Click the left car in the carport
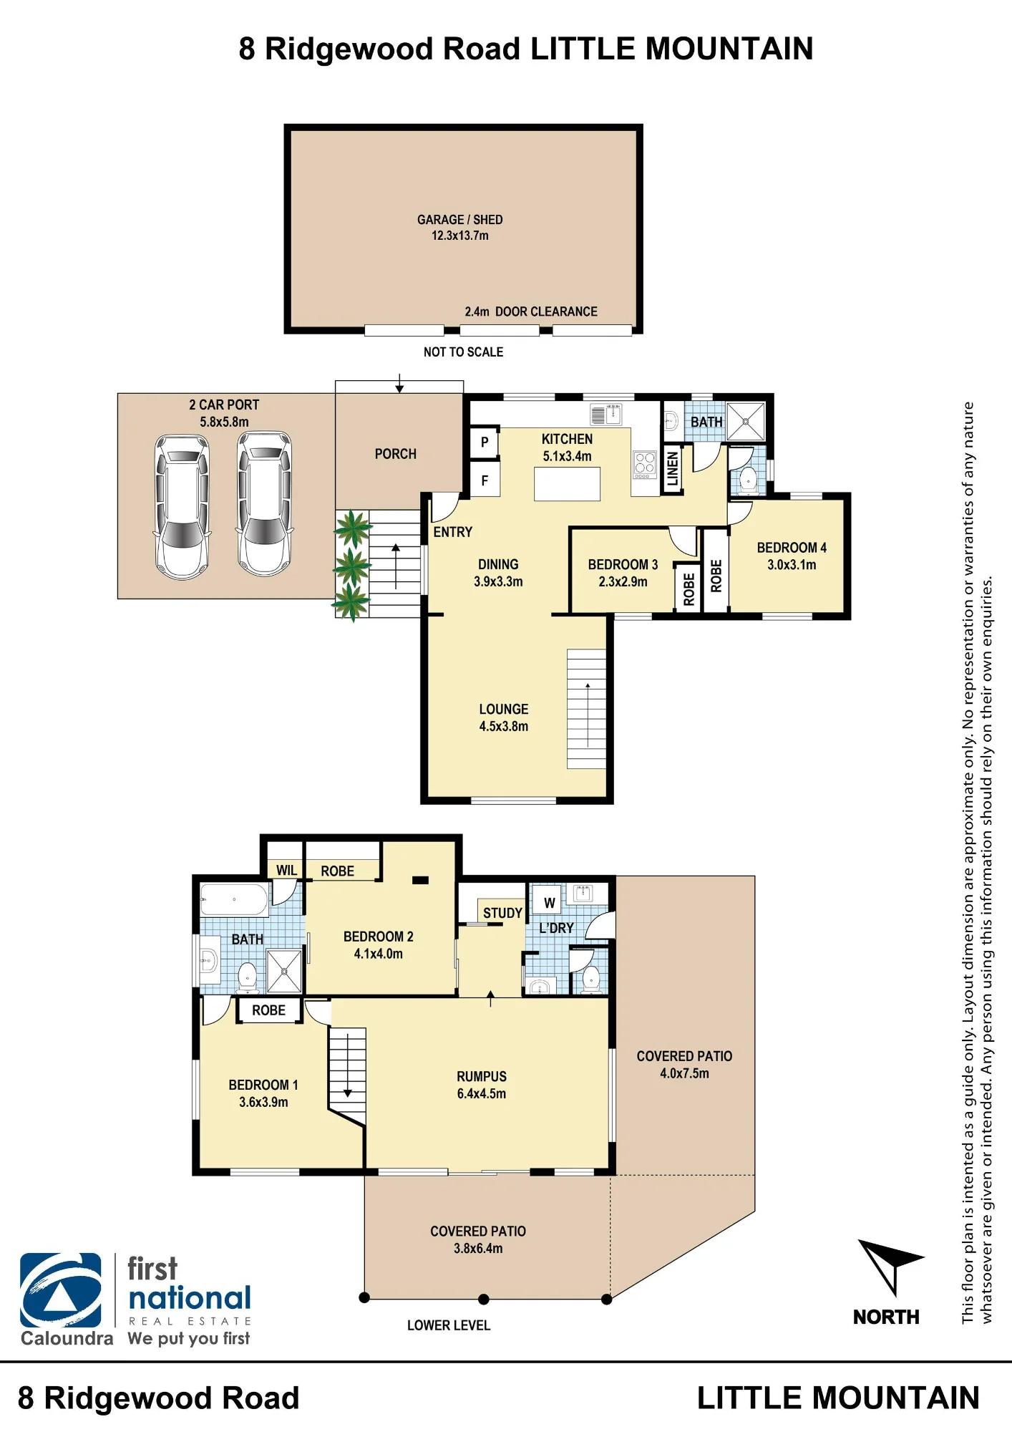pyautogui.click(x=183, y=506)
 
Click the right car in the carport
pyautogui.click(x=265, y=504)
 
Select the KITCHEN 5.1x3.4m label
pyautogui.click(x=567, y=447)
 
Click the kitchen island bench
pyautogui.click(x=567, y=483)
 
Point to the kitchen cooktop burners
pyautogui.click(x=645, y=465)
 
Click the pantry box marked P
pyautogui.click(x=485, y=442)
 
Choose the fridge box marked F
pyautogui.click(x=485, y=481)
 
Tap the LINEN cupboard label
pyautogui.click(x=673, y=469)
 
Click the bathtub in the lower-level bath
pyautogui.click(x=234, y=900)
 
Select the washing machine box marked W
pyautogui.click(x=549, y=903)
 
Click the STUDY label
pyautogui.click(x=502, y=913)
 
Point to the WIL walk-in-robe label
pyautogui.click(x=286, y=871)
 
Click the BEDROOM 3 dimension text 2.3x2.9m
pyautogui.click(x=623, y=581)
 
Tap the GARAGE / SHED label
pyautogui.click(x=460, y=220)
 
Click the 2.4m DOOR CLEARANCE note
pyautogui.click(x=531, y=311)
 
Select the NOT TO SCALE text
pyautogui.click(x=463, y=352)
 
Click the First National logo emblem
pyautogui.click(x=61, y=1290)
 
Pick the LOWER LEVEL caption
pyautogui.click(x=449, y=1325)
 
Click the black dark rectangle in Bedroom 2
pyautogui.click(x=420, y=880)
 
